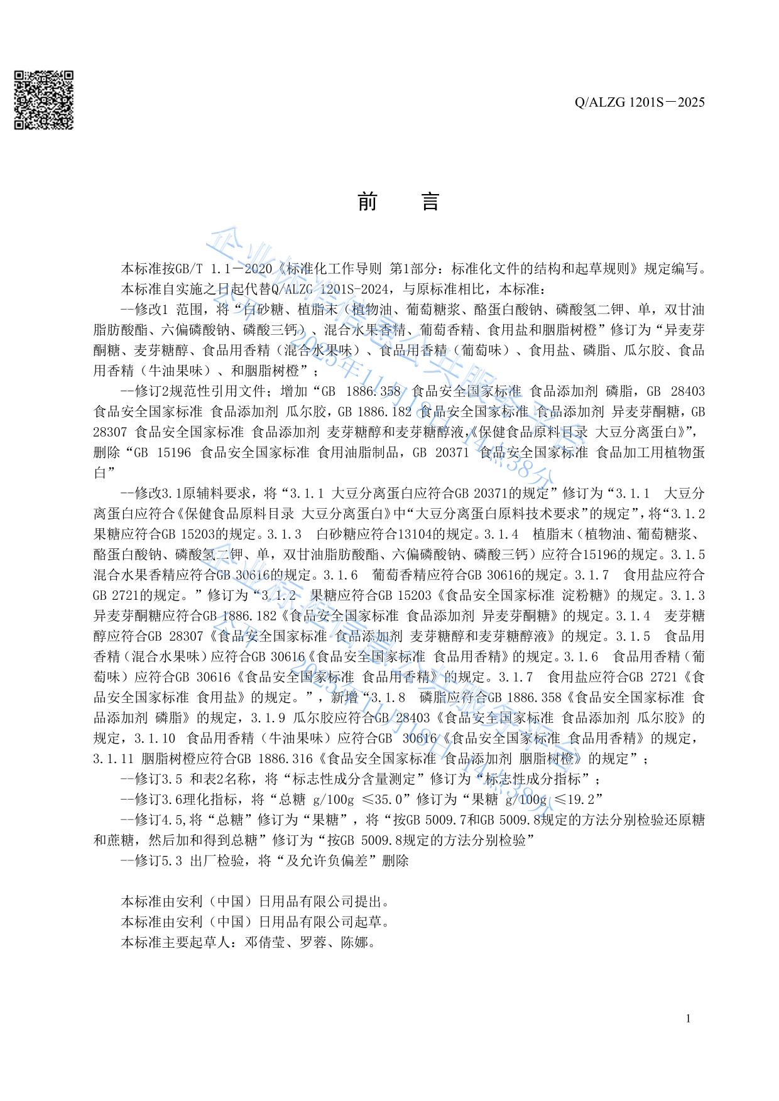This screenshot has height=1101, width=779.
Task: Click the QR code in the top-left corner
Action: (43, 100)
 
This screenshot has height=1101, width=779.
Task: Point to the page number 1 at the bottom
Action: (689, 1018)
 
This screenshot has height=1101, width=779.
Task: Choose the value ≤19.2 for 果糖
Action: (577, 799)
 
